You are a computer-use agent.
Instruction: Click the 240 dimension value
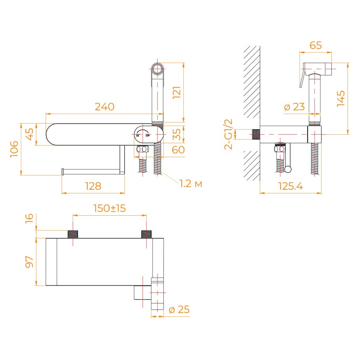(x=104, y=107)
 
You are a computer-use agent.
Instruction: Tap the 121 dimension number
(x=177, y=92)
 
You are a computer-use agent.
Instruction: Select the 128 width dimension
(x=93, y=186)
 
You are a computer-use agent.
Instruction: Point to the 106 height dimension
(x=14, y=149)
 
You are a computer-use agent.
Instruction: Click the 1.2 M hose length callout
(x=191, y=184)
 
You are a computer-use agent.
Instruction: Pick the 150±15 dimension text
(x=109, y=208)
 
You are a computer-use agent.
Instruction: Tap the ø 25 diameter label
(x=179, y=310)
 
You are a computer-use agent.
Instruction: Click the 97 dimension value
(x=29, y=262)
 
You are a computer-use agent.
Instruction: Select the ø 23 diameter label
(x=294, y=107)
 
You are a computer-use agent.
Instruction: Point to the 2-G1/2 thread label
(x=229, y=134)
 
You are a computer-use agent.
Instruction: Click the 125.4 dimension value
(x=291, y=186)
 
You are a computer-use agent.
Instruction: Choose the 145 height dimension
(x=341, y=98)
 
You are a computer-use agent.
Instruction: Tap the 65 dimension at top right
(x=316, y=45)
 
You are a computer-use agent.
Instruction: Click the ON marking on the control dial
(x=138, y=136)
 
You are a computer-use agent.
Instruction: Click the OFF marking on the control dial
(x=147, y=136)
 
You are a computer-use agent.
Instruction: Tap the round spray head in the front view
(x=157, y=69)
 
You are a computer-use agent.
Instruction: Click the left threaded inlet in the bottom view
(x=73, y=234)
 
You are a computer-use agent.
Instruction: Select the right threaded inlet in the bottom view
(x=147, y=234)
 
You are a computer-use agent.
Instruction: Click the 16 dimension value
(x=29, y=218)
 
